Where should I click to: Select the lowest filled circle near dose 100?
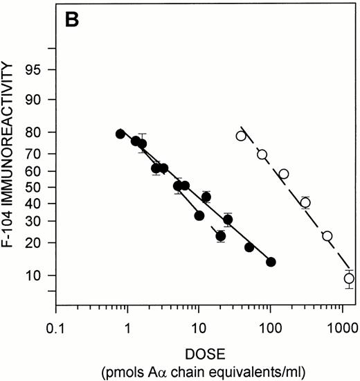[271, 262]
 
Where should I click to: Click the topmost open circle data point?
[241, 136]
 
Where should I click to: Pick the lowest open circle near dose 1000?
[349, 278]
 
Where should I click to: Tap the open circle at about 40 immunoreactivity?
[305, 203]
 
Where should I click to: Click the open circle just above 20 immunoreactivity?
[327, 236]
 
